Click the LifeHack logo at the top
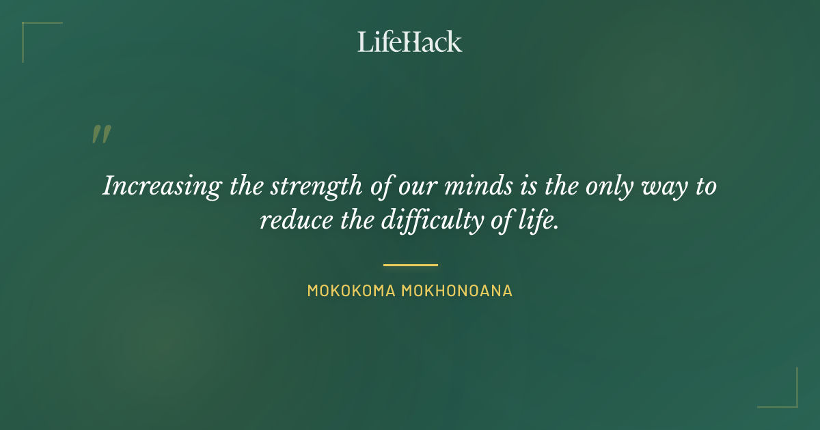point(409,42)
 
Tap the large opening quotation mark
point(101,134)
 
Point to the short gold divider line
point(410,265)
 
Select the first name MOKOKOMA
point(351,291)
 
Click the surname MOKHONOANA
point(456,291)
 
